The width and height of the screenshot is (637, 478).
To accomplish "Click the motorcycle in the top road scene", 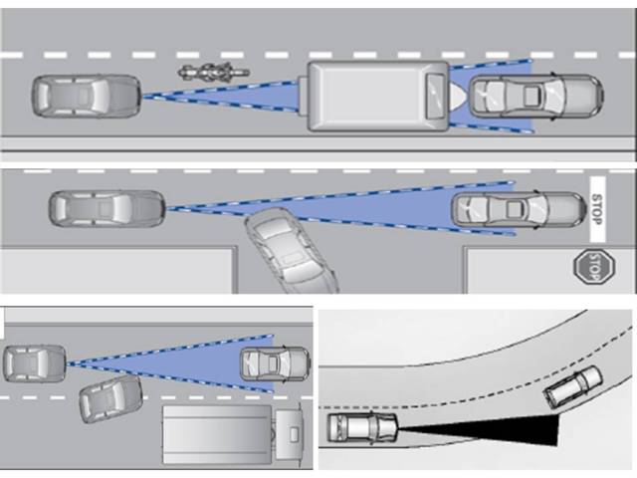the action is pos(214,72).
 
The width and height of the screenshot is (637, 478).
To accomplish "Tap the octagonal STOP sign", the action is pos(594,267).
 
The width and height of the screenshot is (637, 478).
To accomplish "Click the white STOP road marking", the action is pos(597,209).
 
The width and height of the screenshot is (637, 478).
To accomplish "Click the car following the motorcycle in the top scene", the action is pos(87,97).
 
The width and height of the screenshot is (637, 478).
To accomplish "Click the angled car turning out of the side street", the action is pos(292,250).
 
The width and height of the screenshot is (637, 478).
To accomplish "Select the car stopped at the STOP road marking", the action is pos(520,210).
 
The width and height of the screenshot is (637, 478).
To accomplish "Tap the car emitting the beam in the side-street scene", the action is pos(107,208).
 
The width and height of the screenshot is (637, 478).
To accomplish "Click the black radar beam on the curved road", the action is pos(479,430).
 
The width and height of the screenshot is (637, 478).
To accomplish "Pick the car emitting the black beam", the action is pos(362,428).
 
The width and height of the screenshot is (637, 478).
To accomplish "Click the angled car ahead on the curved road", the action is pos(573,386).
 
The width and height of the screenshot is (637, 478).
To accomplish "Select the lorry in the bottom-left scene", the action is pos(233,434).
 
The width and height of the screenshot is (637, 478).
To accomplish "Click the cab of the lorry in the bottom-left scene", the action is pos(290,434).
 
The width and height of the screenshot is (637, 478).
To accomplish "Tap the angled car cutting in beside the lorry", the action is pos(110,398).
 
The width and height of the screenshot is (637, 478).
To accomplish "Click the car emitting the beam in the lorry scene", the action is pos(35,363).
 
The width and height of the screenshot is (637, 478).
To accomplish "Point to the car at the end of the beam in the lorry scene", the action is pos(275,363).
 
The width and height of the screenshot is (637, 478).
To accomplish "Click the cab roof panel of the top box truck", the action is pos(435,96).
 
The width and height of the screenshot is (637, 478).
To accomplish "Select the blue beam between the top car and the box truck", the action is pos(221,96).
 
